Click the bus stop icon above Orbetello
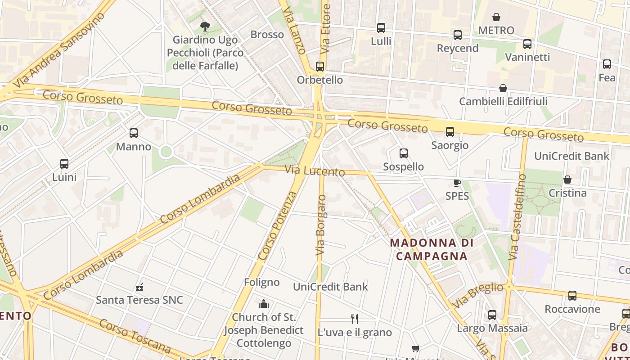[320, 67]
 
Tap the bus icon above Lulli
[381, 28]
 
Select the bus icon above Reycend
[458, 35]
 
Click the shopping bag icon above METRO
[496, 17]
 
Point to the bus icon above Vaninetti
[527, 44]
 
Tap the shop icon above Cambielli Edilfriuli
[503, 88]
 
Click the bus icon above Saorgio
[450, 132]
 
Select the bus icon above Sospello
[403, 153]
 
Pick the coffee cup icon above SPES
[457, 183]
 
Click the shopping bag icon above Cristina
[567, 180]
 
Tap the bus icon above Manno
[134, 133]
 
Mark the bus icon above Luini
[64, 164]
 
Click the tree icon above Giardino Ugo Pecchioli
[205, 26]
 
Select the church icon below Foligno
[264, 304]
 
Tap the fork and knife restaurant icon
[355, 319]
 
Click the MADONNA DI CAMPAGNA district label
[432, 249]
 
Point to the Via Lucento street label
[315, 171]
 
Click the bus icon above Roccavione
[572, 296]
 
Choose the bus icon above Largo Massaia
[492, 315]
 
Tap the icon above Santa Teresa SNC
[139, 287]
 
